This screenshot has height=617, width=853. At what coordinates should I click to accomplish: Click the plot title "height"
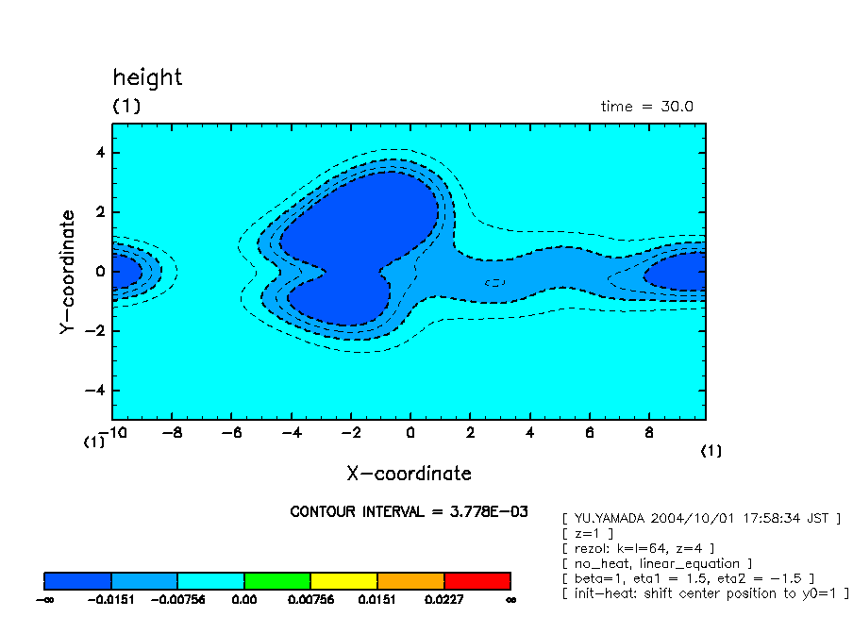[x=147, y=77]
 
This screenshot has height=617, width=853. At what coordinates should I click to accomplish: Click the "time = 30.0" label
[x=646, y=107]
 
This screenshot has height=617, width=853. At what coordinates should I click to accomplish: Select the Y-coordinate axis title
[x=66, y=272]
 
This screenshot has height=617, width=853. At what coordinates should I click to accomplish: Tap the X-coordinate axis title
[x=409, y=474]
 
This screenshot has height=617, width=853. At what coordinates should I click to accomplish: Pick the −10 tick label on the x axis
[x=115, y=433]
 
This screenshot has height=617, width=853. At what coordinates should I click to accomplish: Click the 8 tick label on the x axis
[x=649, y=433]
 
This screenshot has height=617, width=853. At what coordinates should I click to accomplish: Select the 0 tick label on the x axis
[x=410, y=433]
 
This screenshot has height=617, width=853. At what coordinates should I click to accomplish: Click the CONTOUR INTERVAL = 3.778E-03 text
[x=409, y=511]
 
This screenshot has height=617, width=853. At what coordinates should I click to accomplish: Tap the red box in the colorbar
[x=477, y=580]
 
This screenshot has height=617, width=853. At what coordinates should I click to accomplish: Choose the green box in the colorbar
[x=277, y=580]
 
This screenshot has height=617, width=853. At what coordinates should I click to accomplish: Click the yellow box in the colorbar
[x=343, y=580]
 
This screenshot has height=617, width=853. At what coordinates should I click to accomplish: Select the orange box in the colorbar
[x=410, y=580]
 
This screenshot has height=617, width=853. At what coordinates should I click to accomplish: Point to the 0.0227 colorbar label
[x=443, y=598]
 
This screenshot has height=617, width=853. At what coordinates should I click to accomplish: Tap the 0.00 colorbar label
[x=243, y=598]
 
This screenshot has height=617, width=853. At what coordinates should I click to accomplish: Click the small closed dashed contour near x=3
[x=494, y=282]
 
